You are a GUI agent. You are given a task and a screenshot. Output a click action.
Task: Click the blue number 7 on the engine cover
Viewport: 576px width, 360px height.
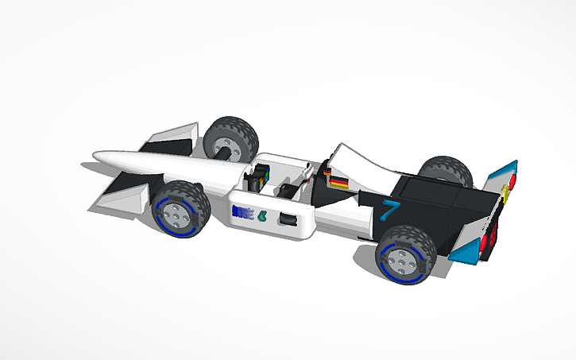(389, 211)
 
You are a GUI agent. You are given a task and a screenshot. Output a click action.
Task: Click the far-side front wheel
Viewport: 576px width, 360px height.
(230, 138)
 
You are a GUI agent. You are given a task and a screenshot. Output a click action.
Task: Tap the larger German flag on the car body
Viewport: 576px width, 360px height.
(339, 182)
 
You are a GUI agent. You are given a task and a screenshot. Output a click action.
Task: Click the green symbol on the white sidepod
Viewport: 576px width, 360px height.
(263, 215)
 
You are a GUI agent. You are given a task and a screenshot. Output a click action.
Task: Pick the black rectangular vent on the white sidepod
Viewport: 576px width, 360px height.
(289, 219)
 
